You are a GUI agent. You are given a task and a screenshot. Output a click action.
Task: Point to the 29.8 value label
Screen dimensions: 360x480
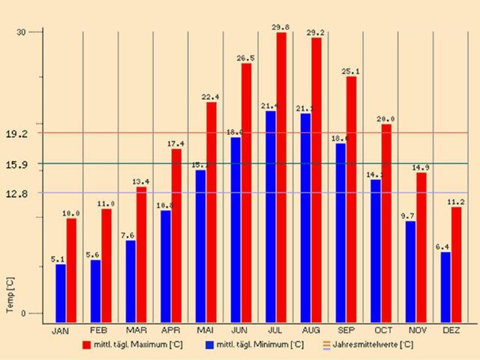(280, 28)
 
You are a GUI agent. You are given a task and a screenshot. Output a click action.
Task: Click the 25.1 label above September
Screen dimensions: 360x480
(351, 71)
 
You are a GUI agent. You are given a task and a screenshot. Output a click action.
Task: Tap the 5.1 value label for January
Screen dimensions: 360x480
(58, 259)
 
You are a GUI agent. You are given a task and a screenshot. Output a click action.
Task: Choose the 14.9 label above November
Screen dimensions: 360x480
(421, 167)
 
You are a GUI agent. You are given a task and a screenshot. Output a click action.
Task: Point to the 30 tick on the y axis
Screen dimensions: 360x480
(21, 32)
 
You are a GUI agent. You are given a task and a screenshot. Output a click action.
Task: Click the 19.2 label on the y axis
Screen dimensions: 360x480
(16, 133)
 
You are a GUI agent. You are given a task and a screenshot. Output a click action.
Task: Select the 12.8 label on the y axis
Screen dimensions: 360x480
(16, 193)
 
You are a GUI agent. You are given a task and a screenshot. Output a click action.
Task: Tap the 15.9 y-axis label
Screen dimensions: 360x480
(16, 164)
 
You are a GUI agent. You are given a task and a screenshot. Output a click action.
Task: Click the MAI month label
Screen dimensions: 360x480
(205, 331)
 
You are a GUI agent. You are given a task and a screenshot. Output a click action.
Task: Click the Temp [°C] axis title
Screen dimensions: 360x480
(10, 294)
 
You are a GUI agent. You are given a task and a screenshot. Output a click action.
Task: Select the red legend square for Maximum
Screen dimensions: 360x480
(86, 345)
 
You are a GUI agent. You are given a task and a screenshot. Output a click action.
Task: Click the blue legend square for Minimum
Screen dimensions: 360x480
(209, 345)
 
